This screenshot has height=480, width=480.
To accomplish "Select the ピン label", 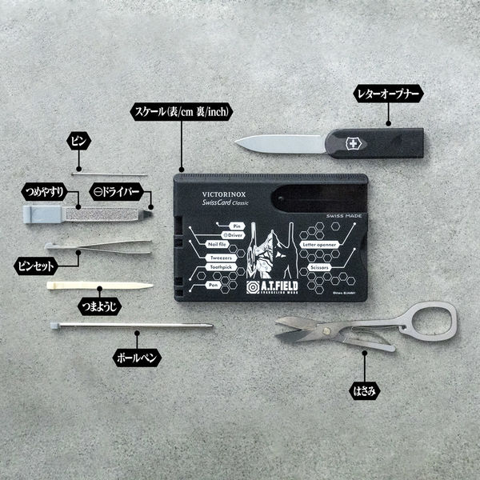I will coord(78,142).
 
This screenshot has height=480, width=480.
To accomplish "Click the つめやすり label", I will coord(45,192).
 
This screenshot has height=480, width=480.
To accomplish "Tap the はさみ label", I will coord(366,391).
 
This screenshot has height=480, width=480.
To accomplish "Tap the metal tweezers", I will coord(96,246).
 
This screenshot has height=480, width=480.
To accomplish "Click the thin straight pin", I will coord(110,174).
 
